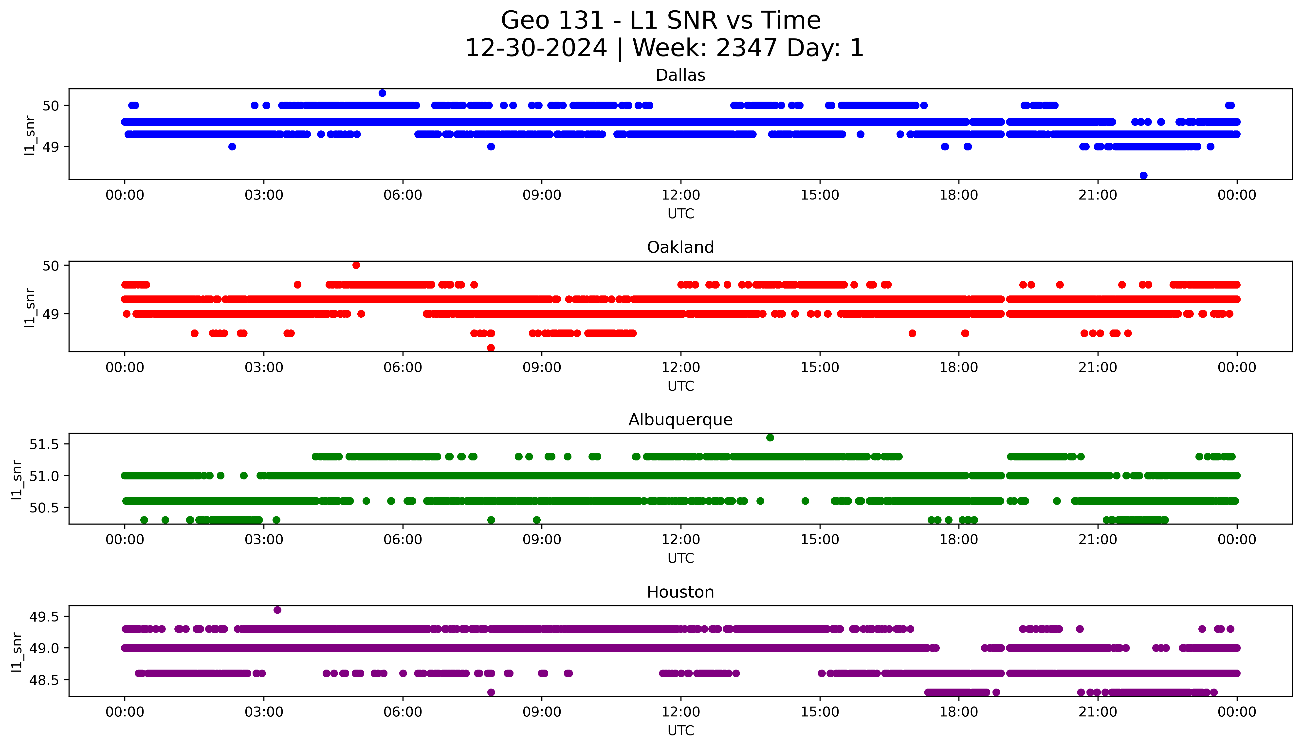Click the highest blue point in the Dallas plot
382,93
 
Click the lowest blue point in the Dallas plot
1143,175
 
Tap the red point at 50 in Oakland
356,265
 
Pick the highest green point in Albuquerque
770,437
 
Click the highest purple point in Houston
277,610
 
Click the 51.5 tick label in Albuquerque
45,444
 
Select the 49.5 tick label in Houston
45,616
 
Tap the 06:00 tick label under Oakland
403,367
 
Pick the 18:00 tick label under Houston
958,712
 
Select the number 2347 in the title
746,48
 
